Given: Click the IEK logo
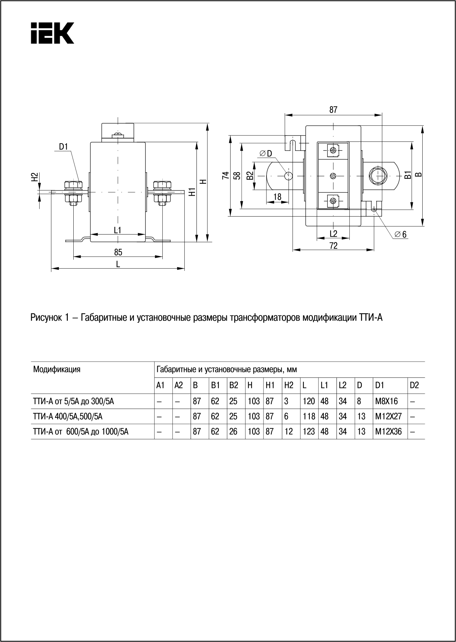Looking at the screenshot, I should pyautogui.click(x=52, y=33).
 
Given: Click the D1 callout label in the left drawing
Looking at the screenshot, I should pyautogui.click(x=64, y=147).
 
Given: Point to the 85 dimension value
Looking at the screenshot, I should pyautogui.click(x=118, y=252).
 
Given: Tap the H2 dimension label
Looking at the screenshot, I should pyautogui.click(x=34, y=177).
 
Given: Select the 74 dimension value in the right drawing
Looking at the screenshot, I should pyautogui.click(x=226, y=176).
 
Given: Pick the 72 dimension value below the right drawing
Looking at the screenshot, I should pyautogui.click(x=333, y=246).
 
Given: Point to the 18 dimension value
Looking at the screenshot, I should pyautogui.click(x=277, y=197).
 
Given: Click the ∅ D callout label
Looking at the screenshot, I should pyautogui.click(x=265, y=154).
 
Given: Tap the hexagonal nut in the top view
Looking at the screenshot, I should pyautogui.click(x=378, y=176).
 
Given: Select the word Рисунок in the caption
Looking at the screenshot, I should pyautogui.click(x=45, y=318).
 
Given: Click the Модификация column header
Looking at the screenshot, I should pyautogui.click(x=57, y=369).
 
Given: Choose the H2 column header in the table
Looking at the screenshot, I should pyautogui.click(x=288, y=385).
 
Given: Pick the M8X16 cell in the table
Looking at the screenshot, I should pyautogui.click(x=386, y=401).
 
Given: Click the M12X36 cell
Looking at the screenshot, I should pyautogui.click(x=388, y=432).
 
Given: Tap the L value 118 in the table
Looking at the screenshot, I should pyautogui.click(x=309, y=417).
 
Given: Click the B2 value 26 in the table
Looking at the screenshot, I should pyautogui.click(x=233, y=432).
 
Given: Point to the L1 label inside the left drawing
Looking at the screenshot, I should pyautogui.click(x=118, y=230).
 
